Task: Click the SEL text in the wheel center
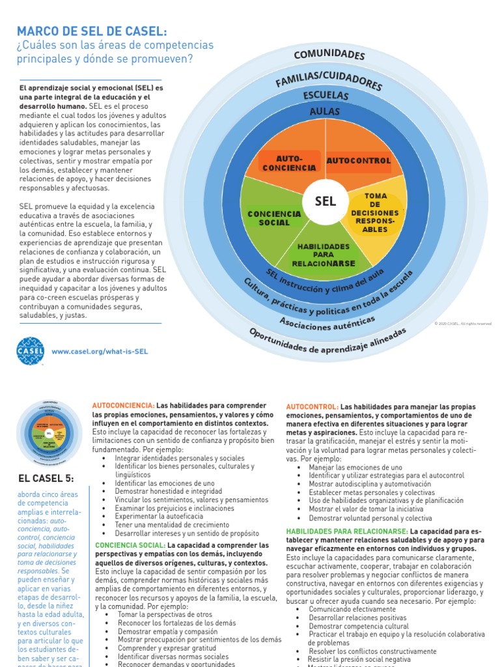coord(325,201)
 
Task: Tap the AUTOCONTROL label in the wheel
coord(358,160)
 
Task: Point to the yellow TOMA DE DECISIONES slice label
coord(375,213)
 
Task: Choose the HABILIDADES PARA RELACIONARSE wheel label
coord(324,255)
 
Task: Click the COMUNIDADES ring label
coord(329,55)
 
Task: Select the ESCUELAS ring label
coord(326,96)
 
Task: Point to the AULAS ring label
coord(326,112)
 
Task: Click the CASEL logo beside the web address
coord(30,350)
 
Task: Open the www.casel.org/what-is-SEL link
coord(100,351)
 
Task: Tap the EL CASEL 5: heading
coord(46,479)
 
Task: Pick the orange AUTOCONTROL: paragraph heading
coord(312,406)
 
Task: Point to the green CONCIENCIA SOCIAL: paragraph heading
coord(130,545)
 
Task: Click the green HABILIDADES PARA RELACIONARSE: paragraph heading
coord(347,532)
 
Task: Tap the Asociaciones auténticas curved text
coord(327,322)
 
